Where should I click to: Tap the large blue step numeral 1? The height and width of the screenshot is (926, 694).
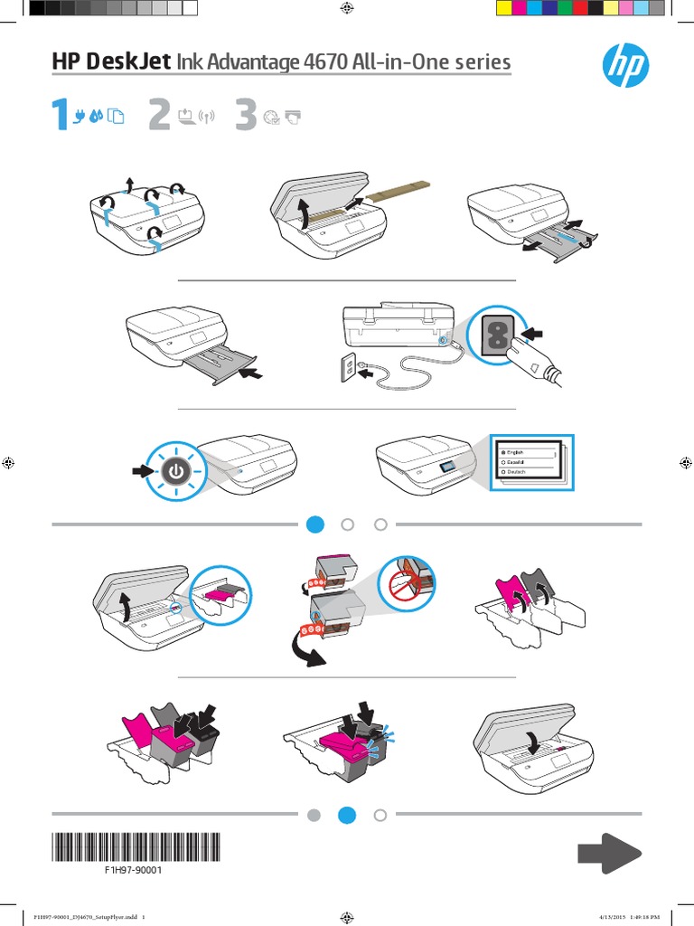59,116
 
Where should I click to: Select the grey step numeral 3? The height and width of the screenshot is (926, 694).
245,116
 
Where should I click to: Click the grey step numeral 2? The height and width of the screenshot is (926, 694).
159,116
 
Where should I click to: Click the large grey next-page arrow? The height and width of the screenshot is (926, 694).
609,854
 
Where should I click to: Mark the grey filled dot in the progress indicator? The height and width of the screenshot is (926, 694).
314,815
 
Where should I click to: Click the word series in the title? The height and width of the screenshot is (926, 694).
479,62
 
